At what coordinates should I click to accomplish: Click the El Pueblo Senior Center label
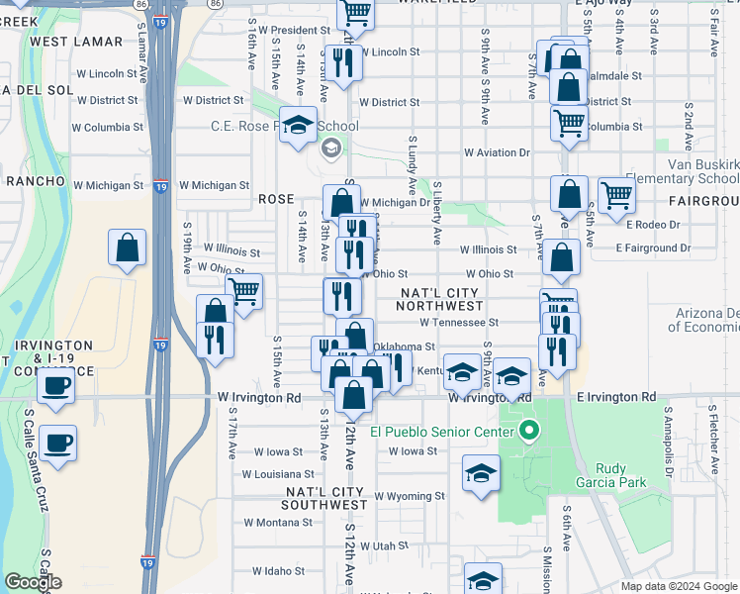(x=442, y=432)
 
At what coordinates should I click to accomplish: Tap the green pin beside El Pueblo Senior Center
(x=529, y=431)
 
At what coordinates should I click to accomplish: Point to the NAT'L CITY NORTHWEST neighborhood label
(x=439, y=300)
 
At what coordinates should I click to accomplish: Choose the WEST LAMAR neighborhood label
(x=76, y=42)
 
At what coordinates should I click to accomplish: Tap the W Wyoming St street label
(x=409, y=495)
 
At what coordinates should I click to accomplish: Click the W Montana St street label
(x=278, y=522)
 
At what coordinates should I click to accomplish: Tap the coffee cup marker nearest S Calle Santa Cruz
(x=58, y=443)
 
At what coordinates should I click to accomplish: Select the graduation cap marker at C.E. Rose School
(x=297, y=125)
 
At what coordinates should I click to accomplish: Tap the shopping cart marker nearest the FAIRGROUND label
(x=616, y=194)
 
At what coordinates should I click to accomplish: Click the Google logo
(x=33, y=582)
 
